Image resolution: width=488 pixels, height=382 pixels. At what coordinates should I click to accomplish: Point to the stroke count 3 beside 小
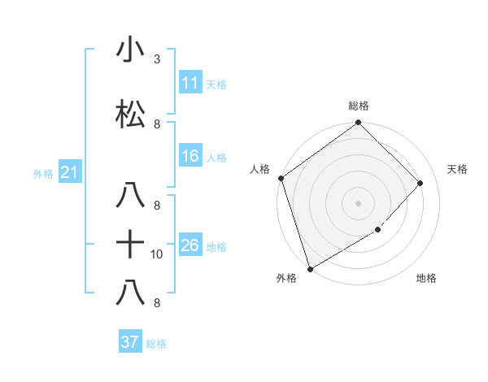(157, 59)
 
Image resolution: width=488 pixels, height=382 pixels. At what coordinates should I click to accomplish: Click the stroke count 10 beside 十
(157, 254)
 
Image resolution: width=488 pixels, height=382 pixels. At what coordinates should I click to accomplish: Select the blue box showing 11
(190, 83)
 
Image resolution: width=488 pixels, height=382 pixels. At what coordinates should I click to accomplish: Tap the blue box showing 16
(190, 156)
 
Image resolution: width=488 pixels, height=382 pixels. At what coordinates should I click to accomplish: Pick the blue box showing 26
(190, 245)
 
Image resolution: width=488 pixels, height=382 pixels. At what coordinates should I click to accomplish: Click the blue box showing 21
(69, 173)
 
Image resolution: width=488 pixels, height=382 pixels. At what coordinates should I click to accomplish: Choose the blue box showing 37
(129, 342)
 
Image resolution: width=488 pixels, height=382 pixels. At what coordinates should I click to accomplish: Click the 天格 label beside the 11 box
(216, 84)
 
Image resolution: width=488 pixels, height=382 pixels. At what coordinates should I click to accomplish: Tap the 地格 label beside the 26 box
(216, 246)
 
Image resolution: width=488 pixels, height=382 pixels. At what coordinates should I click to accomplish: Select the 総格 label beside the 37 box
(156, 344)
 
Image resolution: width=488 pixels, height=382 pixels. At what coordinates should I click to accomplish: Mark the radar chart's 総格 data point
(358, 124)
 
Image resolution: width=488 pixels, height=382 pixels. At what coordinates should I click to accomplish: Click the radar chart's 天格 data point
(420, 183)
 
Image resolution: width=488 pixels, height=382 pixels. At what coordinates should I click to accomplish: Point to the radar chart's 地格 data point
(378, 231)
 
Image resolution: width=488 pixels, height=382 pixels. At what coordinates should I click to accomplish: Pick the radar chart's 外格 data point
(310, 268)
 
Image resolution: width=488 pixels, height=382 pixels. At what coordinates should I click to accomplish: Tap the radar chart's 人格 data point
(281, 178)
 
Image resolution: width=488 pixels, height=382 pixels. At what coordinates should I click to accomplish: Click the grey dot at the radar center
(358, 203)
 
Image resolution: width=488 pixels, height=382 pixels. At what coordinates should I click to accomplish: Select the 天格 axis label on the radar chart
(457, 169)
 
